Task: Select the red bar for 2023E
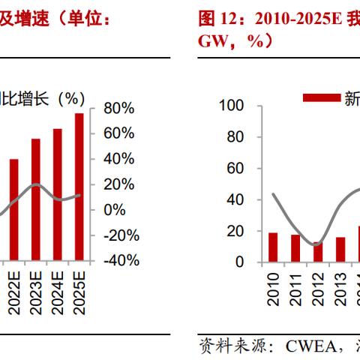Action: click(35, 199)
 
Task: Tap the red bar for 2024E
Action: click(57, 194)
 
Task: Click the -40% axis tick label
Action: click(121, 260)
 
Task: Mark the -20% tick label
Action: click(121, 235)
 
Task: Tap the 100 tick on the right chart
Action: click(230, 106)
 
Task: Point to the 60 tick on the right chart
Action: click(235, 169)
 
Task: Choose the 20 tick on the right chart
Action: click(235, 231)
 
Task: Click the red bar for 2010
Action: click(273, 247)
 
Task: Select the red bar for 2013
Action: click(340, 250)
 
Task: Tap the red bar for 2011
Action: click(295, 248)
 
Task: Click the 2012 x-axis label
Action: click(318, 289)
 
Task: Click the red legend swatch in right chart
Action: click(322, 97)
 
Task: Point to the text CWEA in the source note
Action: click(308, 346)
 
